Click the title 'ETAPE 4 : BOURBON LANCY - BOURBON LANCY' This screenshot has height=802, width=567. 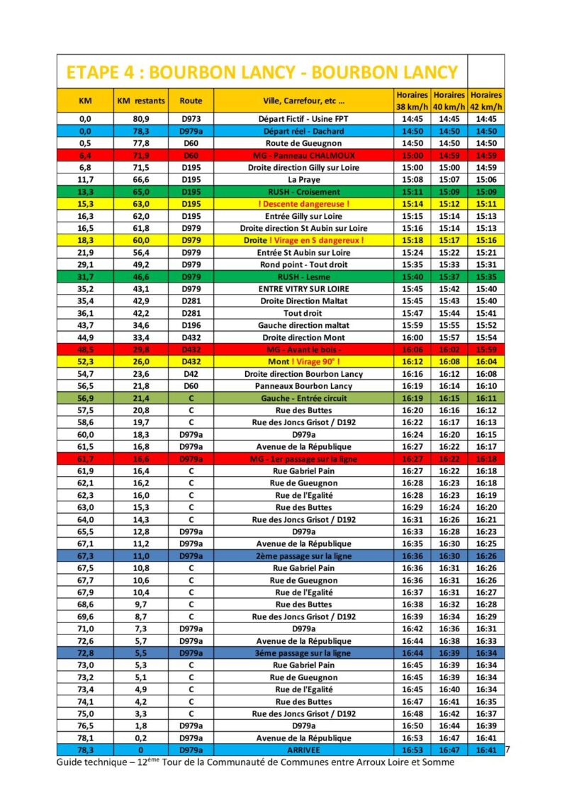point(262,72)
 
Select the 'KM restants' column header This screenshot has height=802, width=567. point(140,101)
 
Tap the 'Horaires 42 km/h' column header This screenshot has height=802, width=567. point(485,101)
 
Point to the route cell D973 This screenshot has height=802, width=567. point(191,119)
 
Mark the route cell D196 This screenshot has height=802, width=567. point(191,325)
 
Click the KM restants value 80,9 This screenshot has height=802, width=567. point(140,119)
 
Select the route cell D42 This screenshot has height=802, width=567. point(191,374)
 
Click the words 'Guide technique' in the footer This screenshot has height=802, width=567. point(88,762)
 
